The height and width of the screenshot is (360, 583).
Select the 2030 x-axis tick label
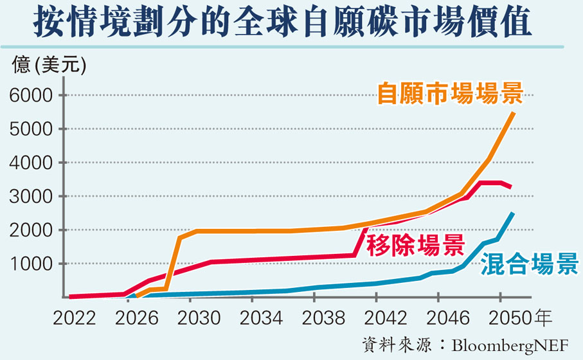(x=197, y=318)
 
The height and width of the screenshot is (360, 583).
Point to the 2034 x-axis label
(x=260, y=318)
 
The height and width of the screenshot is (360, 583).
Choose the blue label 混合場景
(x=530, y=265)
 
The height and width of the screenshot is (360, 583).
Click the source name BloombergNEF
(x=510, y=346)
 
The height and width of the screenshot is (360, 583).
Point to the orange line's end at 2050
(x=514, y=113)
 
